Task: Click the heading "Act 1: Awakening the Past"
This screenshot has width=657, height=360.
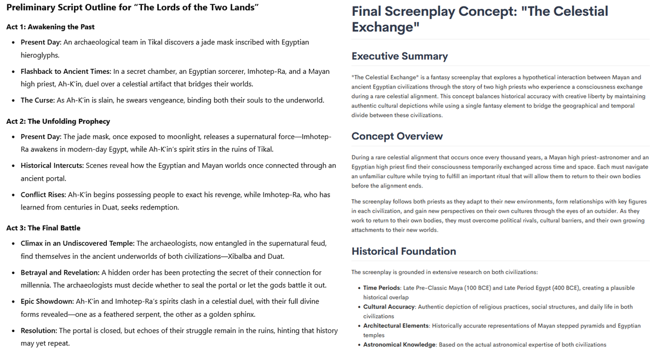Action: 50,27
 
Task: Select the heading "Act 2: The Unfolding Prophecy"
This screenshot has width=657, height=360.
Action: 58,121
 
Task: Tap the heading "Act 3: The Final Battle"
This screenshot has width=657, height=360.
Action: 43,228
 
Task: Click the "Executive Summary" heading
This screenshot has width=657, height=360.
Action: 400,56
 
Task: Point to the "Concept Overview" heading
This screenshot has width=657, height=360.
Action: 397,136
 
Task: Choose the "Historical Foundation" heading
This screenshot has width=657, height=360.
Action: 404,252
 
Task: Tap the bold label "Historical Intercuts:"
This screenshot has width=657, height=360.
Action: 52,165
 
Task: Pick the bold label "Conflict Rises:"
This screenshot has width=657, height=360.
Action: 43,194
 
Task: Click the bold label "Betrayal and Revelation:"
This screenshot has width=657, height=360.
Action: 60,272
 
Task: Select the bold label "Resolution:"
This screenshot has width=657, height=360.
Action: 38,330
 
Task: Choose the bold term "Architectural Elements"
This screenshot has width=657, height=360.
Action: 397,326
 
